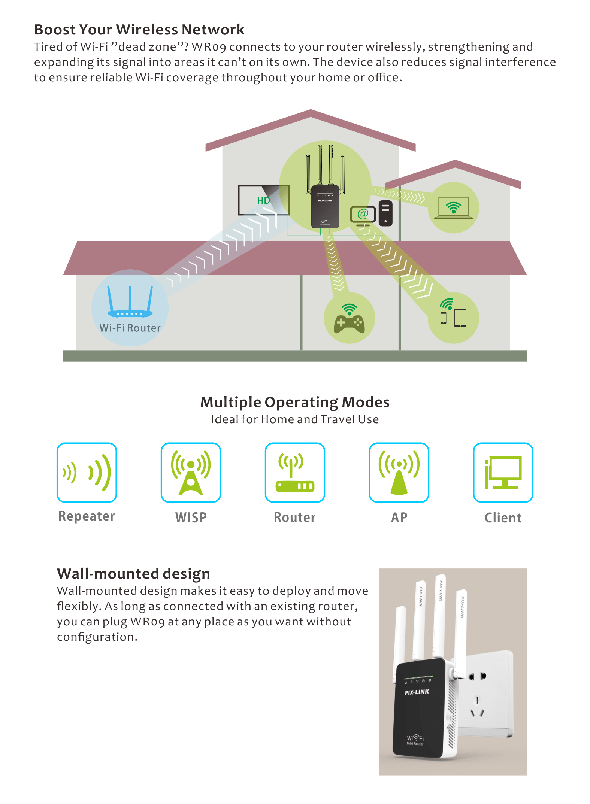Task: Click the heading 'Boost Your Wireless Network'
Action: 139,30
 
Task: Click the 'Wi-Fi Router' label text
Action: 130,328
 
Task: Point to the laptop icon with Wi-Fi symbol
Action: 453,208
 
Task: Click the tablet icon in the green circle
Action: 460,318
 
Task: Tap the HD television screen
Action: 264,200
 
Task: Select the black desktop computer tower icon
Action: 385,213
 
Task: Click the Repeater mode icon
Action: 87,473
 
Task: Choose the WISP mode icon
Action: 191,473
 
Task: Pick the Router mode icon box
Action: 295,473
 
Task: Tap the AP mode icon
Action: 399,473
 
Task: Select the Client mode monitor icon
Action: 503,473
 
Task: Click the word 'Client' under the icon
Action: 503,518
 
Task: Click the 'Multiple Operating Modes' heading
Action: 295,402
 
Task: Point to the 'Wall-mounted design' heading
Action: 133,574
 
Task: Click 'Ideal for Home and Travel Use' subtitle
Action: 295,419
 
